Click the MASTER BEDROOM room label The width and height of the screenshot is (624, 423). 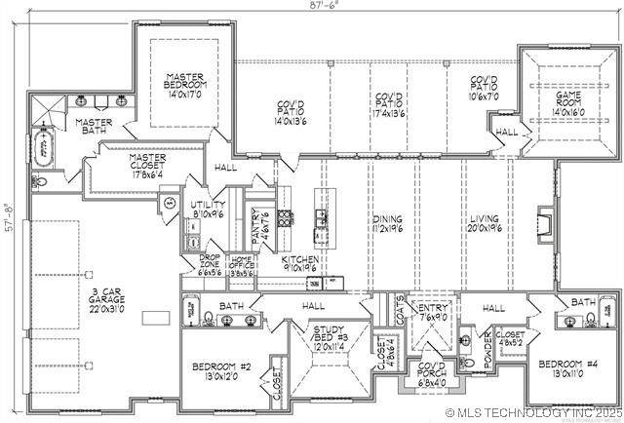183,86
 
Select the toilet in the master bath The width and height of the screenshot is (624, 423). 40,181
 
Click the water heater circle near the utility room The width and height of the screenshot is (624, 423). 170,203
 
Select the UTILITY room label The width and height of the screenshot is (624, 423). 208,207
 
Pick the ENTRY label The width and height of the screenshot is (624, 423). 432,311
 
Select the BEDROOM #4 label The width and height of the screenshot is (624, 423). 567,369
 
